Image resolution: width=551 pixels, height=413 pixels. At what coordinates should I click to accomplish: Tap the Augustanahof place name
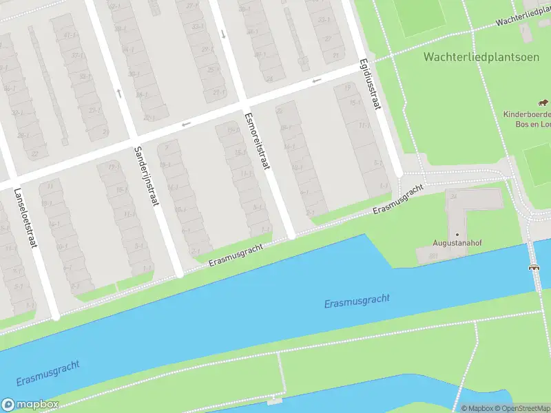point(456,243)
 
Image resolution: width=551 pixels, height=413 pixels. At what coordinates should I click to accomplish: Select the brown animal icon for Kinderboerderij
point(543,103)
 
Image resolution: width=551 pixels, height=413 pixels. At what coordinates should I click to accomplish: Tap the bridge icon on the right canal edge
point(532,267)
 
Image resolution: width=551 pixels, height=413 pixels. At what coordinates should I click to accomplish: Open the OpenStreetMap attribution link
point(521,408)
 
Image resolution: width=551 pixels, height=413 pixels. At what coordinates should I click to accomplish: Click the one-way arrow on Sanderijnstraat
point(119,92)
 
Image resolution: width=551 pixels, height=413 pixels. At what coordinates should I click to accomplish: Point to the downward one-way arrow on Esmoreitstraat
point(223,34)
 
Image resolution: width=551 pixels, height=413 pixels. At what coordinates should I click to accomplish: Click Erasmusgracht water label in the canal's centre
point(357,301)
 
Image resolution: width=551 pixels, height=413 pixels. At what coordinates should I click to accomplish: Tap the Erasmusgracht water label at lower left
point(46,372)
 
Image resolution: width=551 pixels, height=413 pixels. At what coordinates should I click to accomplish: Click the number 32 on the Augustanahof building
point(453,196)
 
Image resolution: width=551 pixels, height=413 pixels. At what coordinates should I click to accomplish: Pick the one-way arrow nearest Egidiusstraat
point(317,81)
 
